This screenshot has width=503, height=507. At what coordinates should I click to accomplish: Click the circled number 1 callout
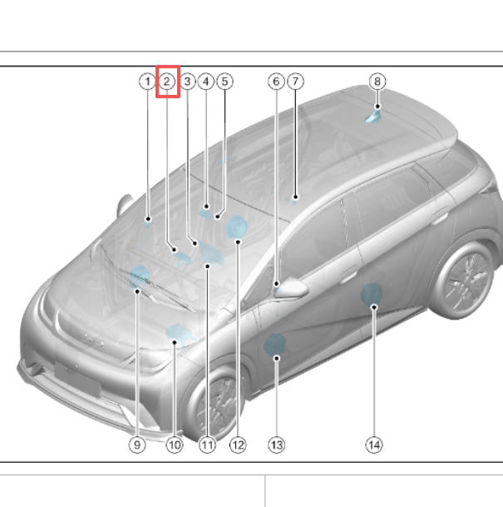tap(147, 82)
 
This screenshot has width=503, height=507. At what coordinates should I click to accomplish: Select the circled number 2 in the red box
tap(166, 82)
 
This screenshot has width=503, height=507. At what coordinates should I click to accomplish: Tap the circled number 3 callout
tap(188, 82)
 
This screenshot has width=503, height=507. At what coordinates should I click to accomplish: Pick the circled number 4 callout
tap(206, 82)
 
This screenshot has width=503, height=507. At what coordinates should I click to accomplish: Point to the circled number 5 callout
tap(225, 82)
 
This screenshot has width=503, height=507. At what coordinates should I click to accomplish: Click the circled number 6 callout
tap(276, 82)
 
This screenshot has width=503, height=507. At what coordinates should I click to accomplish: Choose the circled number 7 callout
tap(295, 82)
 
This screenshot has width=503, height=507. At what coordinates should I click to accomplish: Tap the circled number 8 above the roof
tap(377, 82)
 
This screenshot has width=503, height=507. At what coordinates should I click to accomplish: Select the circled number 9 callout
tap(137, 445)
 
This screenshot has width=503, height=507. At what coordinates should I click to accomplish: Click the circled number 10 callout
tap(175, 445)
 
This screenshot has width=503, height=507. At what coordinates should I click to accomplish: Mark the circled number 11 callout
tap(207, 445)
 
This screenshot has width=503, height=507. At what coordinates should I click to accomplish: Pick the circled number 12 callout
tap(238, 445)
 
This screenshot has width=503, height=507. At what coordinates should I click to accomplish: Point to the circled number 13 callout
tap(277, 445)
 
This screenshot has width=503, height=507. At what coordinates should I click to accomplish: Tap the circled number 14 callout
tap(374, 445)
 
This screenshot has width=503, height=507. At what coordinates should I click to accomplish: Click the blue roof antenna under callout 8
tap(373, 117)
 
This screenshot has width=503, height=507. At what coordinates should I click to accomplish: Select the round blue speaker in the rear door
tap(372, 294)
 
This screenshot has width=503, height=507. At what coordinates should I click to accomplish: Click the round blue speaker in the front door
tap(274, 345)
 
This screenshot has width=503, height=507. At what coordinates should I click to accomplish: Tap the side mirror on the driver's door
tap(291, 288)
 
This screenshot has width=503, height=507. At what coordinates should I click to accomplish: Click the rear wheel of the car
tap(464, 281)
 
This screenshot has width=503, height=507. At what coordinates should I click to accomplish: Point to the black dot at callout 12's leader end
tap(238, 242)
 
